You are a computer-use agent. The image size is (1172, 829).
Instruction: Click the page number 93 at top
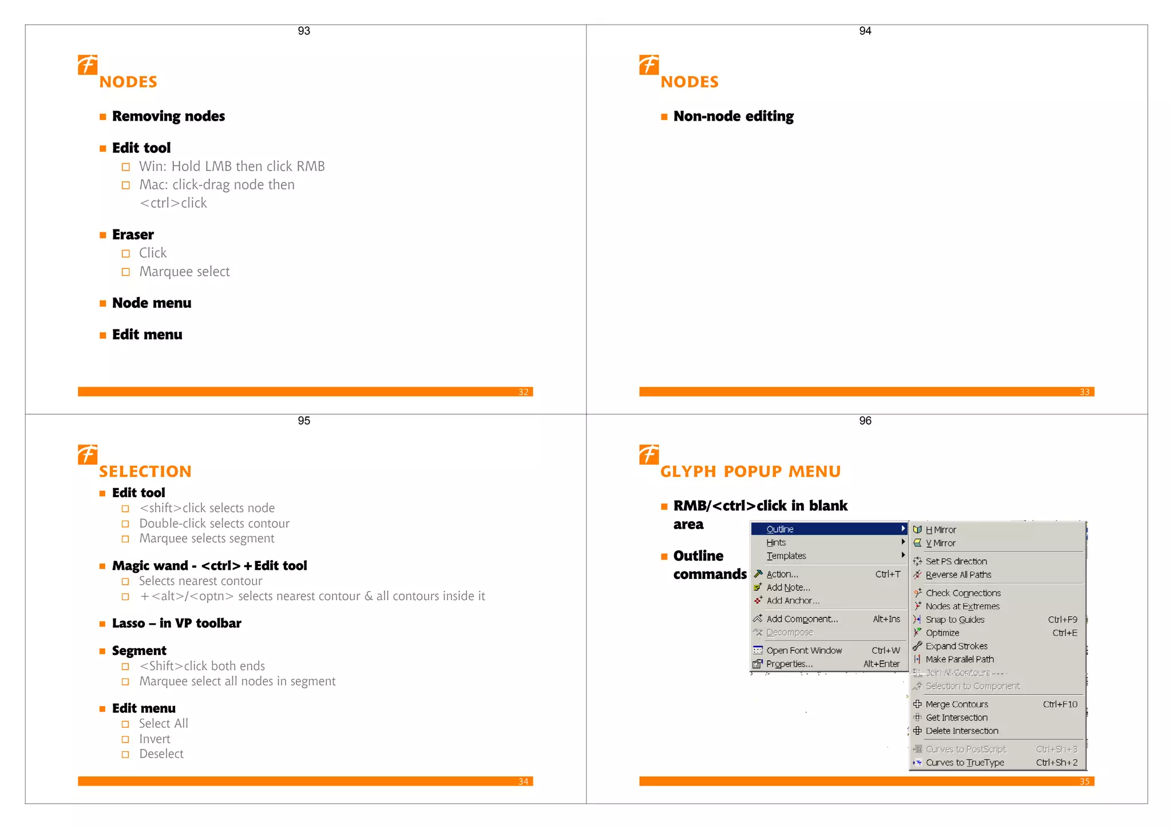pyautogui.click(x=304, y=31)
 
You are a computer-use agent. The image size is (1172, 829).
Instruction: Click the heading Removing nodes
pyautogui.click(x=168, y=116)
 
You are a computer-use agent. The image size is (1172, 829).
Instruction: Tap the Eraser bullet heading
pyautogui.click(x=133, y=235)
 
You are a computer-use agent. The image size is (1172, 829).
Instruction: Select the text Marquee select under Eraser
pyautogui.click(x=184, y=272)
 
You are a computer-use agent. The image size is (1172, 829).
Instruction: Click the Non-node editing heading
pyautogui.click(x=733, y=116)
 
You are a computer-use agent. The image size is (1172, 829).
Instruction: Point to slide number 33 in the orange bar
pyautogui.click(x=1084, y=392)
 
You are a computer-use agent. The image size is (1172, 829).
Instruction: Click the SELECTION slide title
pyautogui.click(x=145, y=471)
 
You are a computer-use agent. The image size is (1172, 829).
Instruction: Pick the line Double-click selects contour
pyautogui.click(x=214, y=523)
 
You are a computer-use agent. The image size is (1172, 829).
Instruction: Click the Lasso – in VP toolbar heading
pyautogui.click(x=176, y=623)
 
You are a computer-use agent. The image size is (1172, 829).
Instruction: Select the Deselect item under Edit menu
pyautogui.click(x=161, y=754)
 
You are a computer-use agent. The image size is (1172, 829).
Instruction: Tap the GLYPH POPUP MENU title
pyautogui.click(x=750, y=471)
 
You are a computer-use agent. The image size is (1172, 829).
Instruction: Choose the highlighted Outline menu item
pyautogui.click(x=780, y=529)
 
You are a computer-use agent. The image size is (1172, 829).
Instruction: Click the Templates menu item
pyautogui.click(x=786, y=556)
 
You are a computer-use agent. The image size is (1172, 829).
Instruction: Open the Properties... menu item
pyautogui.click(x=789, y=664)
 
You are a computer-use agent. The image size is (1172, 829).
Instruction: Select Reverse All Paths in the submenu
pyautogui.click(x=958, y=574)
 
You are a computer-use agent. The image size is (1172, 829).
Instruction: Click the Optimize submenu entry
pyautogui.click(x=942, y=633)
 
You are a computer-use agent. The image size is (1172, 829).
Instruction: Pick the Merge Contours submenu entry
pyautogui.click(x=956, y=704)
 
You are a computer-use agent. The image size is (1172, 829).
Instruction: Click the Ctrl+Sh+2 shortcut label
pyautogui.click(x=1056, y=763)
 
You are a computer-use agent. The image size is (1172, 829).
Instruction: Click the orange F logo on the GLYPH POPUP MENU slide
pyautogui.click(x=649, y=454)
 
